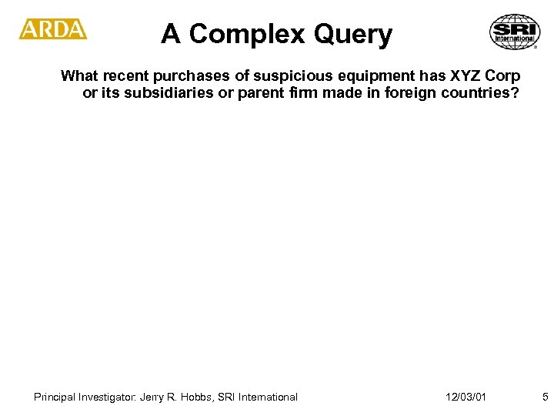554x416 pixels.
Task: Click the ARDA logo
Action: (53, 30)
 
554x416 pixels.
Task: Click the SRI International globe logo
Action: (513, 32)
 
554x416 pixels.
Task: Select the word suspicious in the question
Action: (274, 76)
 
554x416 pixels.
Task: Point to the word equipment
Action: (348, 76)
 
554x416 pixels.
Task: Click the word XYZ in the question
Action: (449, 76)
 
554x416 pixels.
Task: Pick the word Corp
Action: (502, 76)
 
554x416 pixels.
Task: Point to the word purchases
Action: (178, 76)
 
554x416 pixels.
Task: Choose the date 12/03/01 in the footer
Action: (466, 397)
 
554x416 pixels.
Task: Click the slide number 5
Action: (545, 397)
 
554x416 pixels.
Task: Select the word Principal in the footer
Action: (57, 397)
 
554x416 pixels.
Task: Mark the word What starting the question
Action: (77, 76)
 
